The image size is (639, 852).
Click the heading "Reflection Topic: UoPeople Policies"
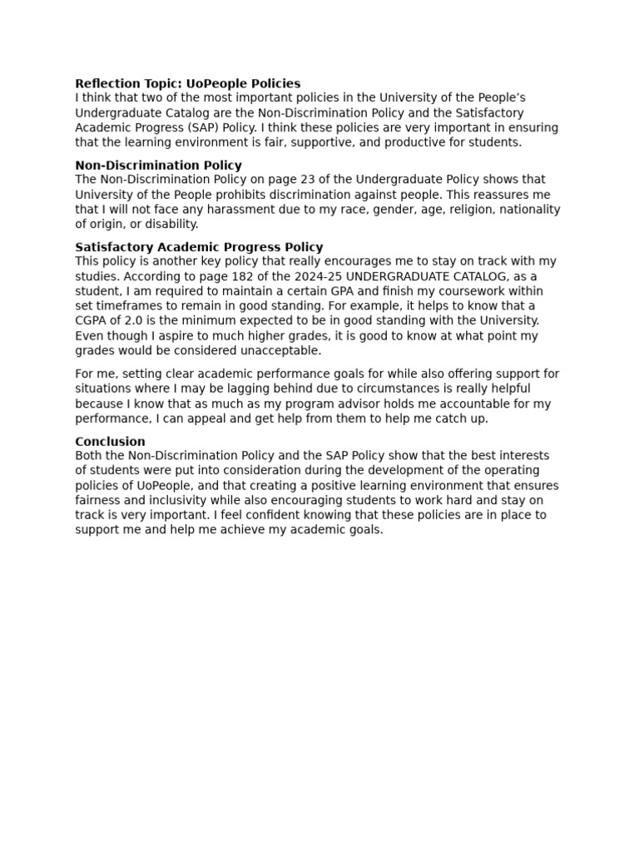coord(188,83)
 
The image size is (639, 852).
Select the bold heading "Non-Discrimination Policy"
coord(158,165)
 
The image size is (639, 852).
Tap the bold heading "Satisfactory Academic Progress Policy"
coord(199,246)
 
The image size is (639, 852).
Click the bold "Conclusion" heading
coord(110,441)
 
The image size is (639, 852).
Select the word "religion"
coord(445,210)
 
